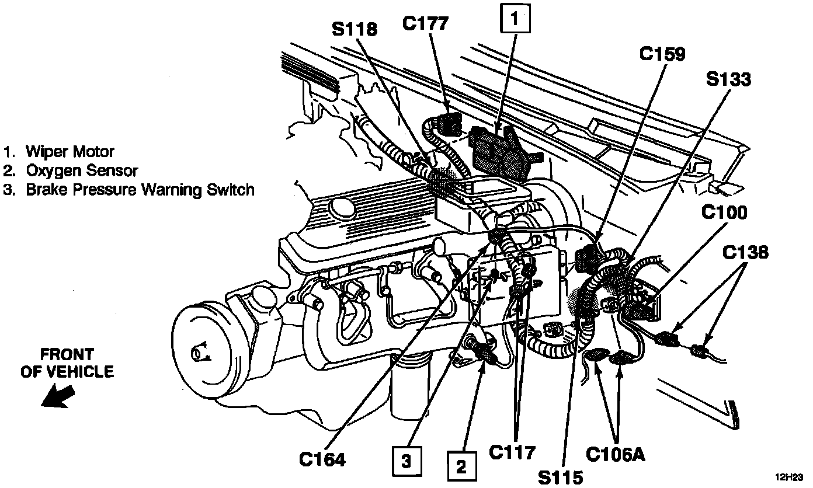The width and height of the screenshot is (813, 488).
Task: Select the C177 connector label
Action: click(x=425, y=23)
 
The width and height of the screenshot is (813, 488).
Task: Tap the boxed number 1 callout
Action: click(x=514, y=20)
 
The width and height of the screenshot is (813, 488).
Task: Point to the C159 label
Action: click(x=662, y=54)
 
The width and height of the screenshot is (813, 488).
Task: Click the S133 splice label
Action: click(x=728, y=79)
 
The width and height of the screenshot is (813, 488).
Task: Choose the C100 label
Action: click(x=724, y=212)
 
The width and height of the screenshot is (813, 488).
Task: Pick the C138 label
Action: click(x=745, y=252)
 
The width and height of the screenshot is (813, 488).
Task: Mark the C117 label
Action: click(x=512, y=452)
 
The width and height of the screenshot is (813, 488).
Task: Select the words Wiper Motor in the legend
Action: click(x=70, y=152)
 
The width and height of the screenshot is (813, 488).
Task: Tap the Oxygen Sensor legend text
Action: click(x=81, y=170)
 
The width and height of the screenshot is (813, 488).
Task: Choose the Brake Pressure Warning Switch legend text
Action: click(x=140, y=190)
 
